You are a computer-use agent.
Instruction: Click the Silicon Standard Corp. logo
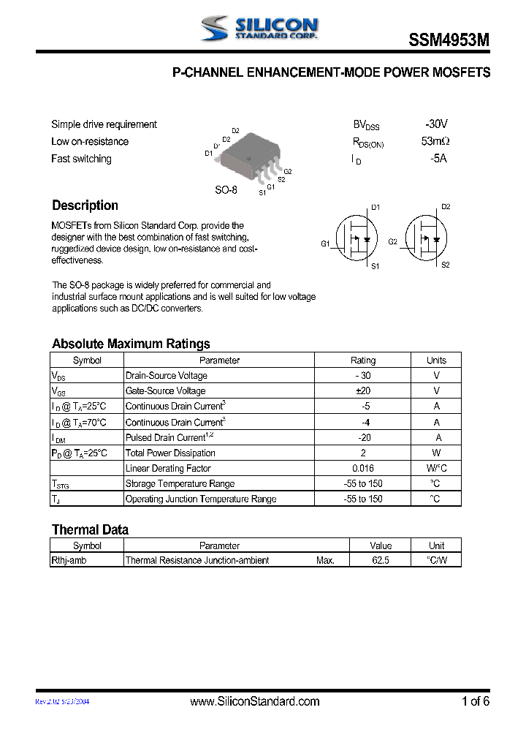(x=259, y=29)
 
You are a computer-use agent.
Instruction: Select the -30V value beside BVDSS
(x=436, y=124)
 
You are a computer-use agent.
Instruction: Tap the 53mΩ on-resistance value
(x=435, y=141)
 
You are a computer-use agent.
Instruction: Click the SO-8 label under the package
(x=226, y=190)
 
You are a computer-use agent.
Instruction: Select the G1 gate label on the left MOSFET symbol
(x=325, y=243)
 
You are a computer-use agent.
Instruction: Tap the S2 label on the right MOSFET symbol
(x=446, y=265)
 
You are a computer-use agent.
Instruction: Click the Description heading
(x=85, y=205)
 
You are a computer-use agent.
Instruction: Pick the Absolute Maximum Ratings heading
(x=131, y=344)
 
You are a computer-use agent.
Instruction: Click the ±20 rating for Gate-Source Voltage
(x=362, y=391)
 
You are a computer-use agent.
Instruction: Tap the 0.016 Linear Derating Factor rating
(x=362, y=468)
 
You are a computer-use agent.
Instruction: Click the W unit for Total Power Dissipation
(x=436, y=453)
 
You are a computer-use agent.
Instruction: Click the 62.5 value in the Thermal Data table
(x=380, y=560)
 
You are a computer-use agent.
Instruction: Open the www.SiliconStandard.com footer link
(x=254, y=701)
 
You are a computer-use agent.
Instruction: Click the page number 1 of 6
(x=475, y=701)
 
